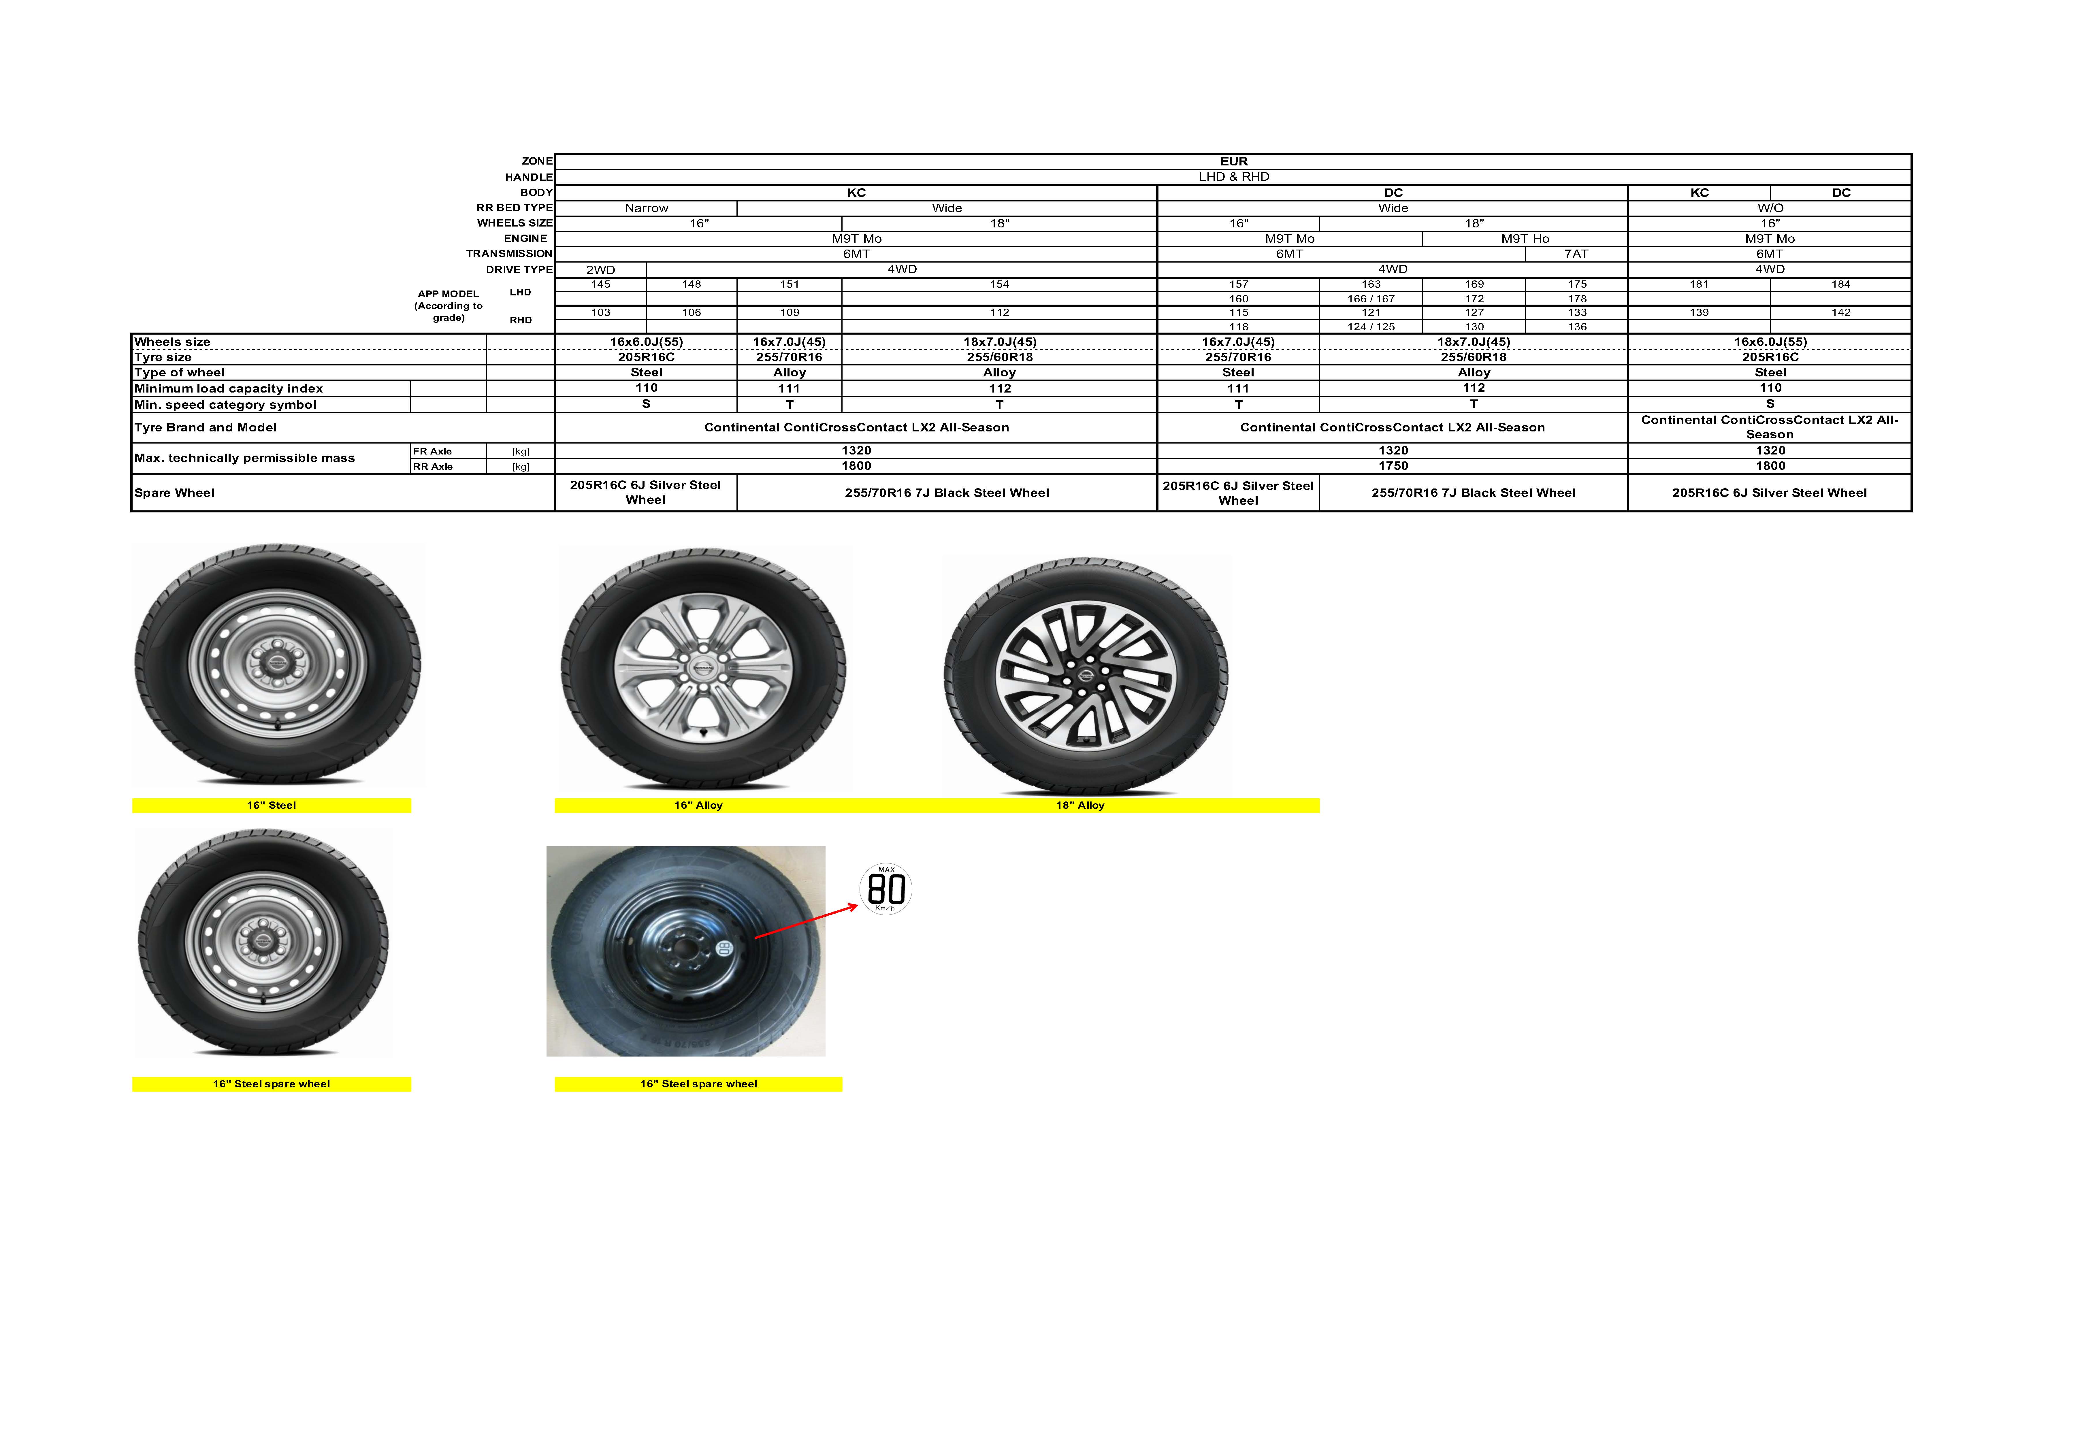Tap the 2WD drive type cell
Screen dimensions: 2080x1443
pos(600,269)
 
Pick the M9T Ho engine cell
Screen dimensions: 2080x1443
pos(1525,239)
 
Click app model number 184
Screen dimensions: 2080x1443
pos(1840,284)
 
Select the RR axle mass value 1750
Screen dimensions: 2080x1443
pos(1393,466)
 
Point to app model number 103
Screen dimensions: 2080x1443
pos(600,312)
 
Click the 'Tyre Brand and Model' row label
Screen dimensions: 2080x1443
pos(205,428)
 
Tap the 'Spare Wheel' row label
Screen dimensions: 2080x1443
pos(175,493)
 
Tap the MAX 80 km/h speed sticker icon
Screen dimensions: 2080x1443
pos(885,889)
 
